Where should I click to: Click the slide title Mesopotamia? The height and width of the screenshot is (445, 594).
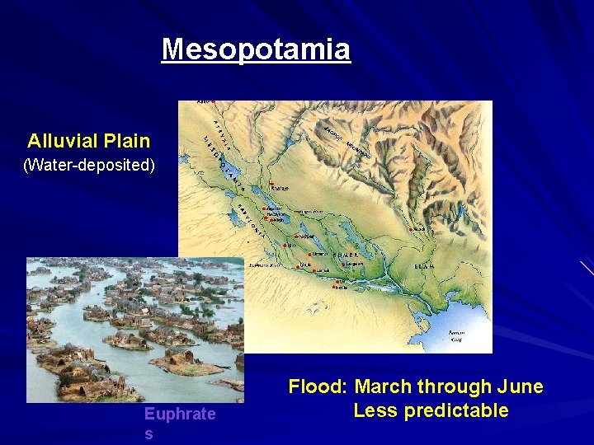point(256,49)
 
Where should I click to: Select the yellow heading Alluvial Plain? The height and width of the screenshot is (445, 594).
point(88,141)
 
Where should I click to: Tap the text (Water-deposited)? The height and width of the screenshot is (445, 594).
point(88,165)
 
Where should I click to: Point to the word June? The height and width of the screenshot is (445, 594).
point(521,386)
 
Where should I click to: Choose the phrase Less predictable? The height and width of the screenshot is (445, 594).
point(431,410)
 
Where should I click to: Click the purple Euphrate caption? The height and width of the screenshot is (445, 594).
point(179,414)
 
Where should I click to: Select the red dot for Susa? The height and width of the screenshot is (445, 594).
point(411,228)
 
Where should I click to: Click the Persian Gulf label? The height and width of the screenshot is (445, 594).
point(456,335)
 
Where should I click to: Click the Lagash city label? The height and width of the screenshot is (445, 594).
point(353,264)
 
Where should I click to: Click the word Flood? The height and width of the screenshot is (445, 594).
point(318,386)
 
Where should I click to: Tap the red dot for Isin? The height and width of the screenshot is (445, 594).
point(285,245)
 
